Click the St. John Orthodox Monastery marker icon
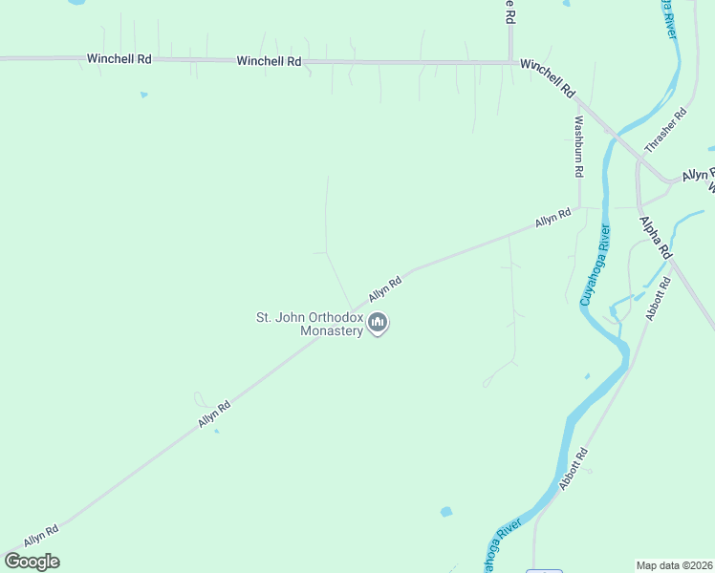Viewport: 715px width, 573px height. (379, 325)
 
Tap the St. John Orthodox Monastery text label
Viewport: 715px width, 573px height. (314, 324)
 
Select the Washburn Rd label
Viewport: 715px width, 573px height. (578, 147)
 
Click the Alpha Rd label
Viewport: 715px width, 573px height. (656, 238)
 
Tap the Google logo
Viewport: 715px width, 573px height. (32, 562)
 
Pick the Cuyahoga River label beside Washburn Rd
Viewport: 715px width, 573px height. (594, 265)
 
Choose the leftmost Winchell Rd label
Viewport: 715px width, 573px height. (119, 58)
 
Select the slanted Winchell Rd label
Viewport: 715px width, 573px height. (548, 76)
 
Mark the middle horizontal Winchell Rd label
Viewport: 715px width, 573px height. (270, 61)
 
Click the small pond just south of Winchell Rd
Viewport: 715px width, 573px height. (143, 95)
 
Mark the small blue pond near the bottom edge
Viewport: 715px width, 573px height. (445, 512)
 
